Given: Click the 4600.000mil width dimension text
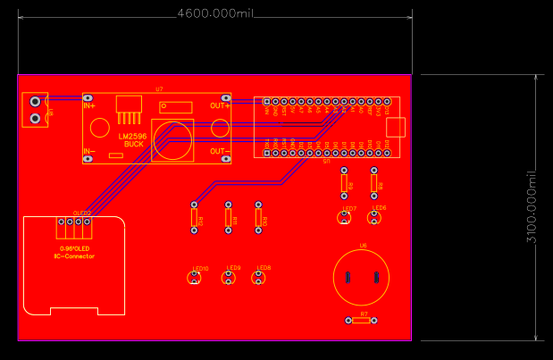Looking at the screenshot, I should (215, 13).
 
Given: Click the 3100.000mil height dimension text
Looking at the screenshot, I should (532, 207).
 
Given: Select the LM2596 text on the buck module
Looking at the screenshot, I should (133, 135).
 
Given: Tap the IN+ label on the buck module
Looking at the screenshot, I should (90, 105).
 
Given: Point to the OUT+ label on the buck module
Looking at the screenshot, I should (220, 105).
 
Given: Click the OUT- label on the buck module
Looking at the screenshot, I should (219, 151).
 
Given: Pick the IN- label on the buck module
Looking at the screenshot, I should (90, 152).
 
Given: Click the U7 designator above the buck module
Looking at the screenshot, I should (159, 89).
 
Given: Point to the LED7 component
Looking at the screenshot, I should (346, 217).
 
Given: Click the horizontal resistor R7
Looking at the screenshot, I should (361, 320).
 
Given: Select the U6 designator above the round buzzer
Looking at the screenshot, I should (363, 245).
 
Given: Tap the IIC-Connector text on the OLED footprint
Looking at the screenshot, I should (74, 256).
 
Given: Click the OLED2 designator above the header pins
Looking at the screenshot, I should (81, 213).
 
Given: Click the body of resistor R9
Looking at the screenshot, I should (345, 185).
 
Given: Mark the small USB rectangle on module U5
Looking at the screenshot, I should (395, 127).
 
